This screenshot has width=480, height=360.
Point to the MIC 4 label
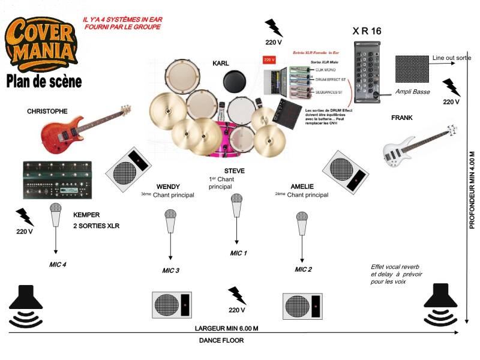58,264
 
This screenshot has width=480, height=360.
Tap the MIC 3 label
170,270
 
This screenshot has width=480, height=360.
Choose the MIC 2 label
304,269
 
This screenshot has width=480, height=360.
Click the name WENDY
168,187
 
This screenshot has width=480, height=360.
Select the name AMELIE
302,187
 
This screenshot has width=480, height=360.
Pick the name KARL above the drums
221,63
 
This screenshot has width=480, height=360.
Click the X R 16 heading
367,31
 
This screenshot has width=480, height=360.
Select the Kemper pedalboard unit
57,179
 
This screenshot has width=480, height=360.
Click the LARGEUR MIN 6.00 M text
227,328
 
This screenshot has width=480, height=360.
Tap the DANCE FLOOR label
221,340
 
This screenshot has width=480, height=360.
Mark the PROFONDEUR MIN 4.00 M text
472,190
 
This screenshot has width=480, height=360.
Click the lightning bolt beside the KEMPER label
25,216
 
